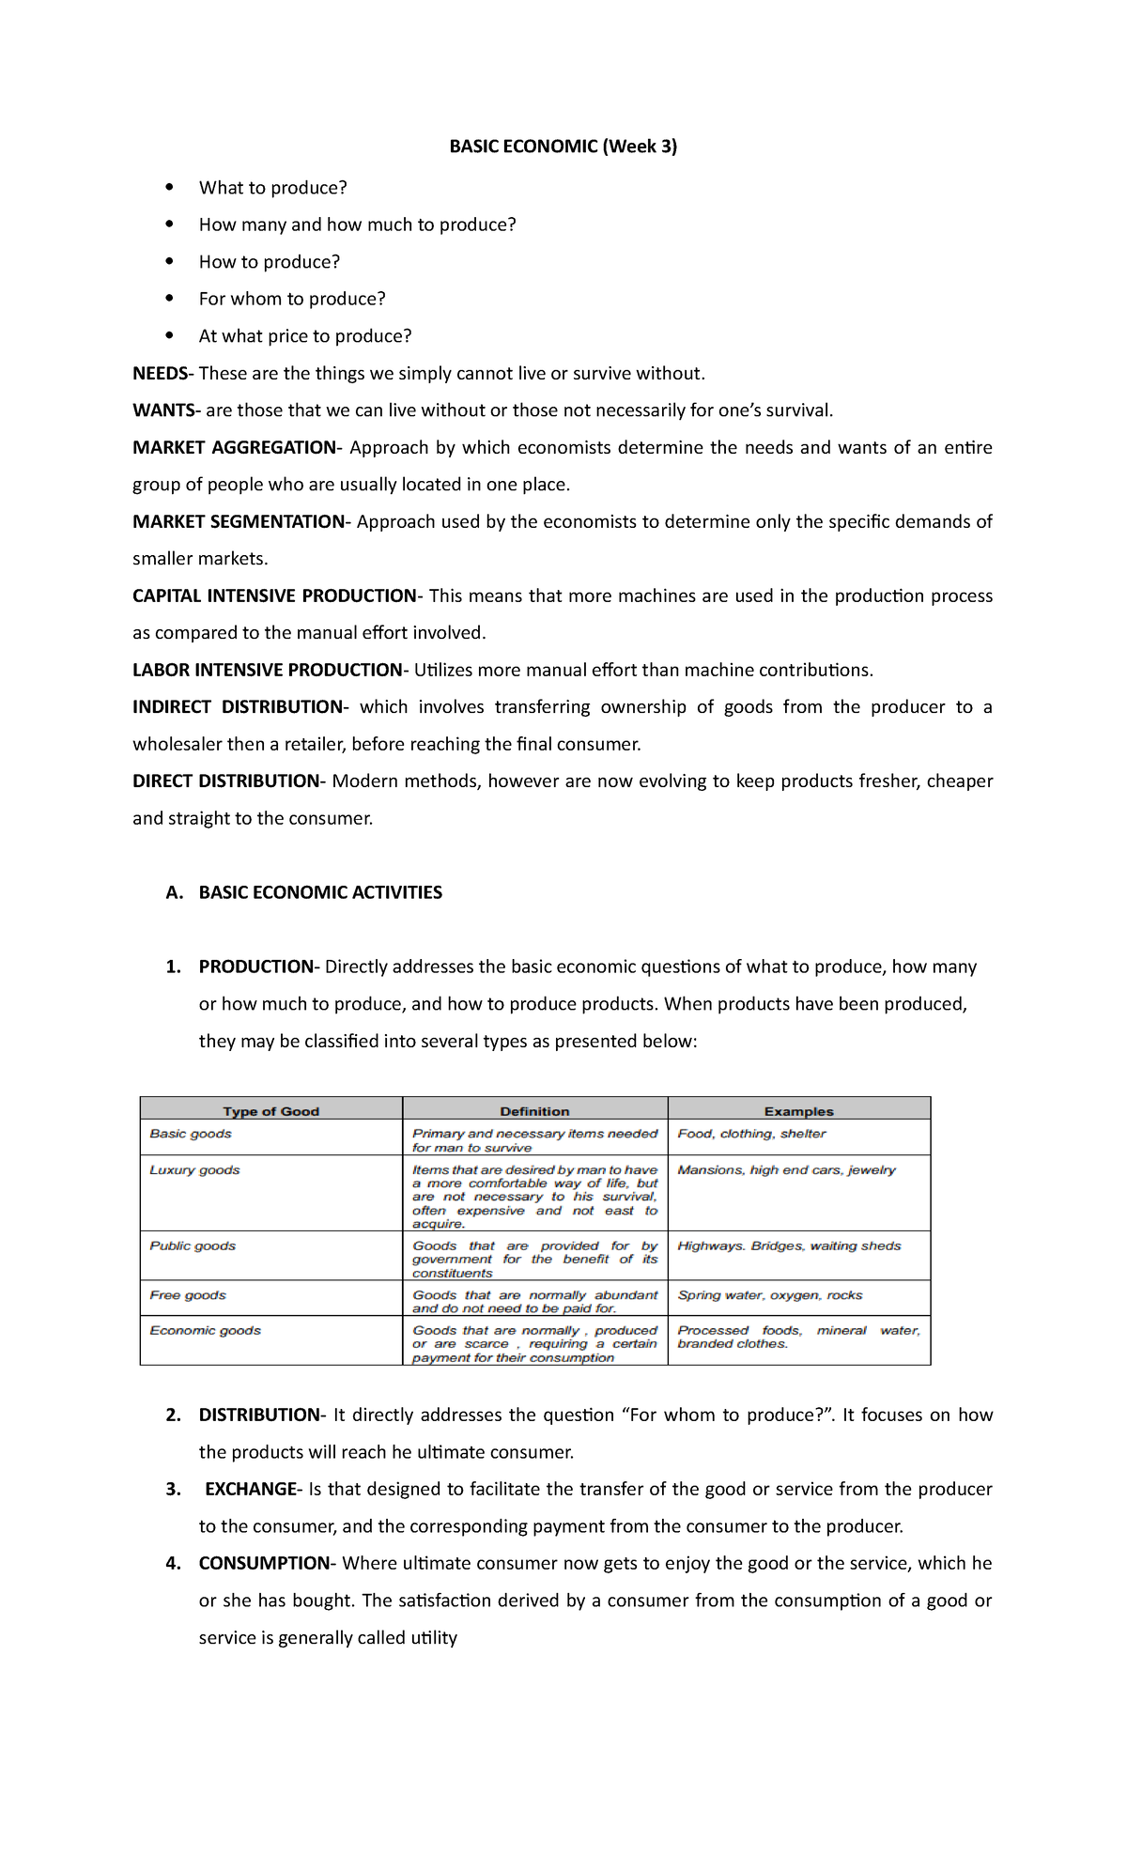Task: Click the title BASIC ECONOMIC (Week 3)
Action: tap(563, 146)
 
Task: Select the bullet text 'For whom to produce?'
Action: tap(292, 299)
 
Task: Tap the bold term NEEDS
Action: tap(160, 373)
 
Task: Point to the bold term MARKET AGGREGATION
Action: tap(234, 447)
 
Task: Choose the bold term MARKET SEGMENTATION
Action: tap(239, 521)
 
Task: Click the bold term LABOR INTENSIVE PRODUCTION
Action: tap(267, 670)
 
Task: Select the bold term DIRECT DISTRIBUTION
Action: tap(226, 781)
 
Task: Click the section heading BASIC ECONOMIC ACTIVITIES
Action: tap(320, 892)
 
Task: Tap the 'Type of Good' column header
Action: tap(271, 1111)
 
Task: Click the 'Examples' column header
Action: tap(798, 1111)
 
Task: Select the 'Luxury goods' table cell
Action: tap(194, 1170)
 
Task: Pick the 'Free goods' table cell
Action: tap(188, 1295)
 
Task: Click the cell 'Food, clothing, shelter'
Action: tap(751, 1134)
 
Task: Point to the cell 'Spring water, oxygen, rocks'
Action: tap(769, 1295)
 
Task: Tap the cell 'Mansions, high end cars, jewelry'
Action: tap(786, 1170)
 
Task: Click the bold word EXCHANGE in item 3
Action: tap(251, 1489)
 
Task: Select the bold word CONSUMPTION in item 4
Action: tap(264, 1563)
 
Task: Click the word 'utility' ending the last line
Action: tap(434, 1637)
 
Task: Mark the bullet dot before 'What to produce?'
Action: tap(169, 187)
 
